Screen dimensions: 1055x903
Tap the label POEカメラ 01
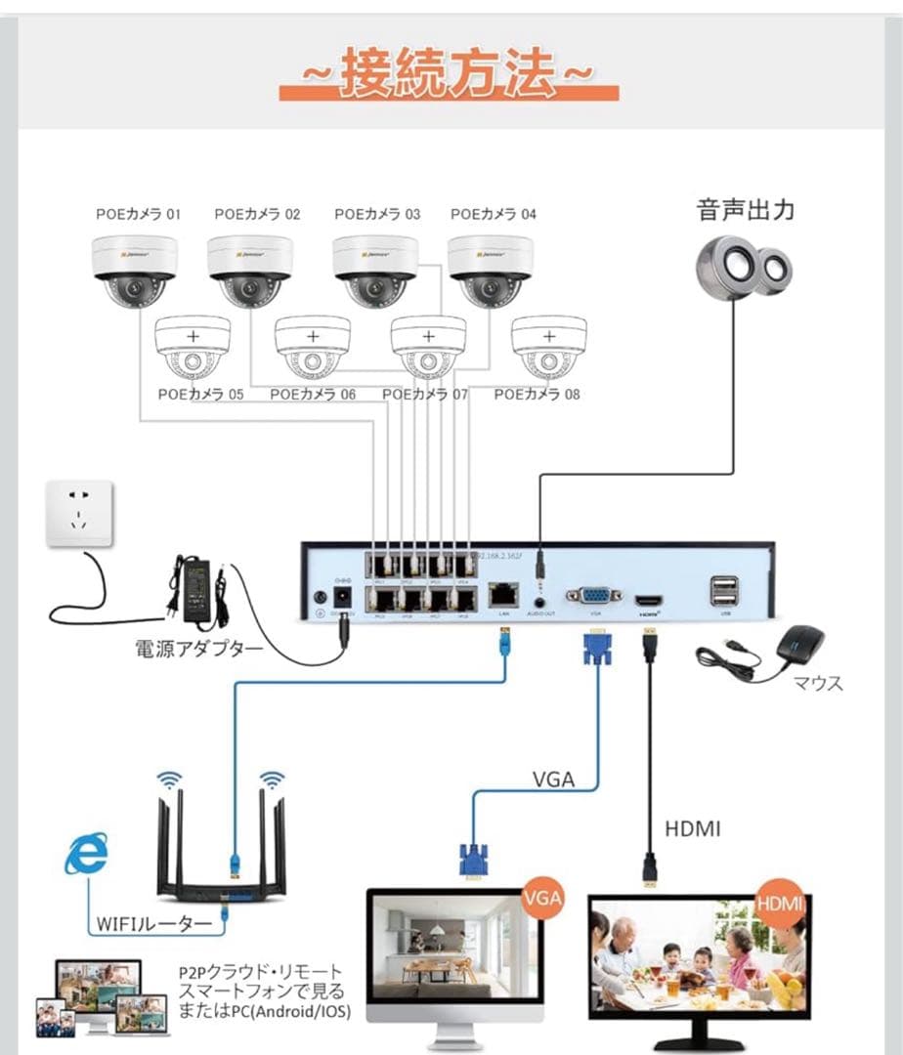[138, 214]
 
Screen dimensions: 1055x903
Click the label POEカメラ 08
[537, 395]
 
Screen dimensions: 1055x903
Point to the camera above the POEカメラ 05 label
[193, 346]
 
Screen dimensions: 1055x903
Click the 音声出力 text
[745, 210]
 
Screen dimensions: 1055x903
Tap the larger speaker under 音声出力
[728, 264]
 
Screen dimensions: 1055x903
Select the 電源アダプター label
[198, 648]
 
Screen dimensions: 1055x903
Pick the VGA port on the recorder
[591, 596]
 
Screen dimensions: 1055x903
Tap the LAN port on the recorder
[502, 593]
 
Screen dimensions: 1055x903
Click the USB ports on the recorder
[724, 591]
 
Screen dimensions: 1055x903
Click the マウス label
[820, 683]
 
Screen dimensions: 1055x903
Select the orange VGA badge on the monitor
[542, 898]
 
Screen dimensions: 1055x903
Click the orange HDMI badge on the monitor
[780, 902]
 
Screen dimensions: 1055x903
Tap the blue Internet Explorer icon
[86, 857]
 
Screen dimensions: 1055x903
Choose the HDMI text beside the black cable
[693, 828]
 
